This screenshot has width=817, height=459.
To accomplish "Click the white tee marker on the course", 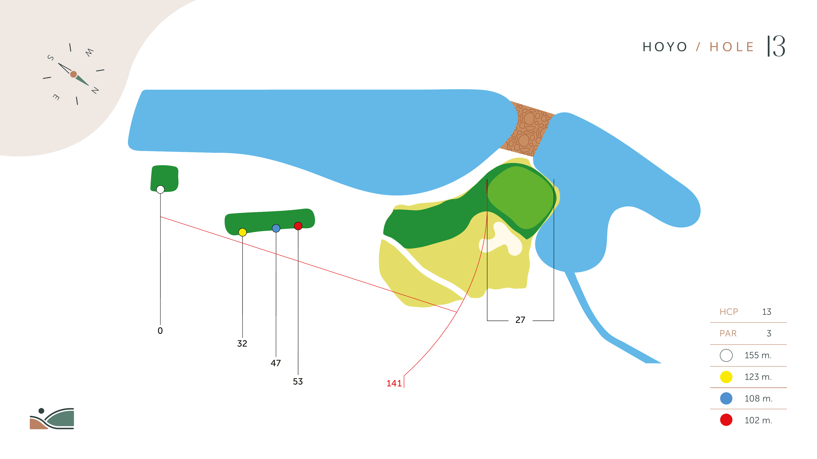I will (x=161, y=190).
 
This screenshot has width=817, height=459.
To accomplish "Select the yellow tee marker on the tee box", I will (x=243, y=232).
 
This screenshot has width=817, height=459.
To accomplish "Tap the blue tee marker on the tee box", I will (x=276, y=228).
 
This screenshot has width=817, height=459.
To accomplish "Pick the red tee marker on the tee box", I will (x=298, y=226).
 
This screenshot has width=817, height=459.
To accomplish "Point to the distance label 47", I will (x=276, y=363).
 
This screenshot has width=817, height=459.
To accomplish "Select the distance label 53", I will (x=298, y=381).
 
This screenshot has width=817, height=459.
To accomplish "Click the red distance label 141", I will (x=394, y=383).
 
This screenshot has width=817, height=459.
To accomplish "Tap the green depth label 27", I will (x=520, y=320).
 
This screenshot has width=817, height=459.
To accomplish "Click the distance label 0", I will (x=160, y=331).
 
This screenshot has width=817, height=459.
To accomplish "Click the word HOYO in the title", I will (x=665, y=47).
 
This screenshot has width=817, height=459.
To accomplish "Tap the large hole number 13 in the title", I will (x=776, y=46).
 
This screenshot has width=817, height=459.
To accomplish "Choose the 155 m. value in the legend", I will (x=758, y=355).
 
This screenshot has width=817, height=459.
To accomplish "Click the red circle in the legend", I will (x=726, y=420).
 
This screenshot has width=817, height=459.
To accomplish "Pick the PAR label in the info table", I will (x=728, y=334).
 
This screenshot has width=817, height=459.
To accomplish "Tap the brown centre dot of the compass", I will (x=73, y=74).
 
